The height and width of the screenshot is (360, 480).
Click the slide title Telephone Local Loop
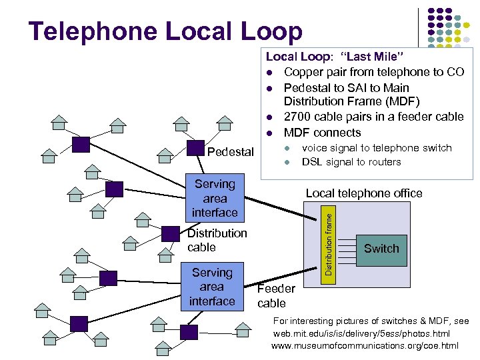click(x=165, y=31)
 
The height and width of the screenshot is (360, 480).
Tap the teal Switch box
click(x=381, y=249)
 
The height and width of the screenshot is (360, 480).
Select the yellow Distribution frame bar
click(x=329, y=241)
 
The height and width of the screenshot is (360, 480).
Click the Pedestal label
click(x=231, y=152)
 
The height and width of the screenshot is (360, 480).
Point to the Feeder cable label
click(x=275, y=296)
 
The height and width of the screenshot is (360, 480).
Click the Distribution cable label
click(x=217, y=240)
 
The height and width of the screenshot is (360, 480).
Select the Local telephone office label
click(x=363, y=193)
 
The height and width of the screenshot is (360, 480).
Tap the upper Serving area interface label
click(x=215, y=198)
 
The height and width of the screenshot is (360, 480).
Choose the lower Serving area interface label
click(x=212, y=287)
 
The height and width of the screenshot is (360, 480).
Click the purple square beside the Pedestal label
click(x=195, y=148)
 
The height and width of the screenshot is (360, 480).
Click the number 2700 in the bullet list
click(x=299, y=117)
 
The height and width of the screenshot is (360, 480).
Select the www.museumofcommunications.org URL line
click(x=365, y=345)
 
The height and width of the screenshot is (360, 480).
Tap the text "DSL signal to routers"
click(x=351, y=162)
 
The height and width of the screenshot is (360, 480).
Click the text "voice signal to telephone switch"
click(x=377, y=148)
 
